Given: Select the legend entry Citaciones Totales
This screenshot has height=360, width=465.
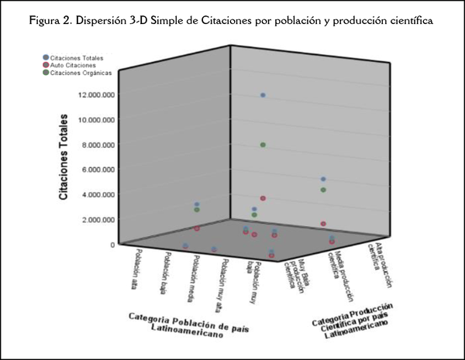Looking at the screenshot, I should [74, 58].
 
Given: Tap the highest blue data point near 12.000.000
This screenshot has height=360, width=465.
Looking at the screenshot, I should [263, 95].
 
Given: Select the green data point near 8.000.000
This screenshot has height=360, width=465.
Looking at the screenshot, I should [263, 145].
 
